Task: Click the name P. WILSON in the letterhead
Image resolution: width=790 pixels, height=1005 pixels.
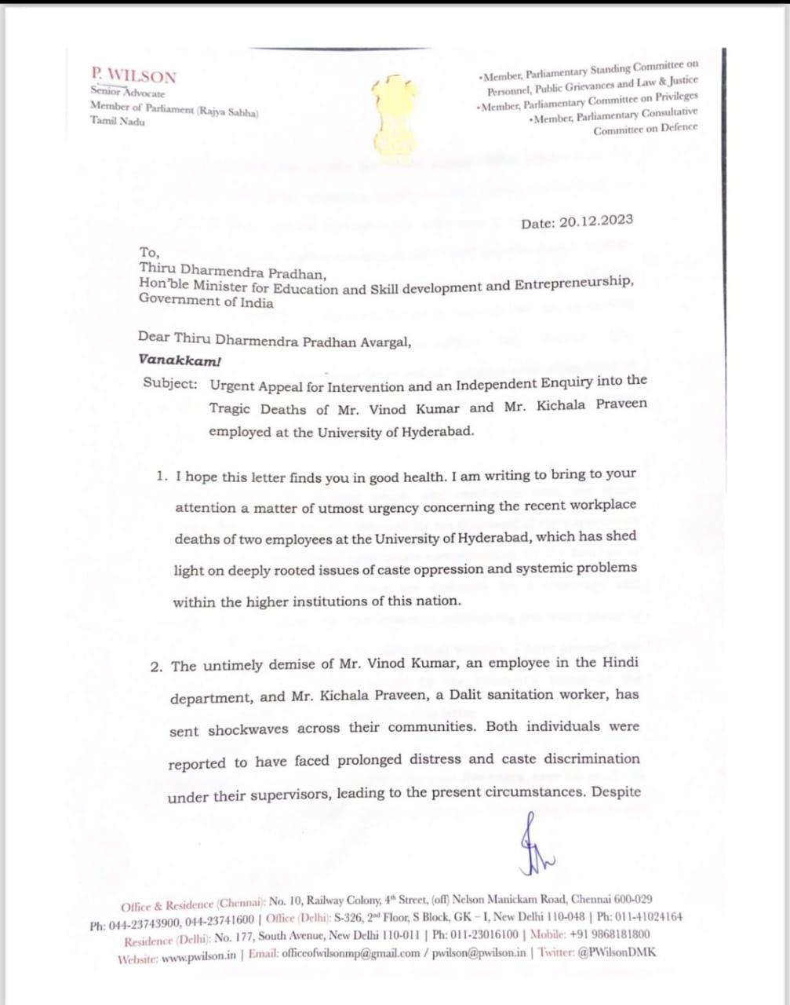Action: click(133, 75)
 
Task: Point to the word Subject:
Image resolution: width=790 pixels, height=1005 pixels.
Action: click(171, 383)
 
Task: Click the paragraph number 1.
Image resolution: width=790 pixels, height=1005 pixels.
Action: click(161, 477)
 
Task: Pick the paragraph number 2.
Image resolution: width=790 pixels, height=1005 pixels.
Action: click(157, 667)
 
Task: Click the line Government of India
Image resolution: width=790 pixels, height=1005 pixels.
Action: click(206, 301)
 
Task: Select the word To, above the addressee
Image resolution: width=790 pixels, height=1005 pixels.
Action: click(149, 252)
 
